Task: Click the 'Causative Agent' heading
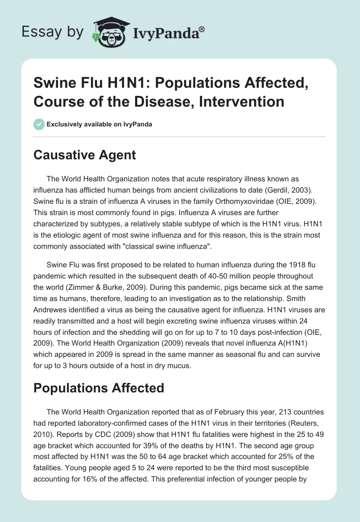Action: (85, 155)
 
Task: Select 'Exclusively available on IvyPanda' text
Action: (99, 124)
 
